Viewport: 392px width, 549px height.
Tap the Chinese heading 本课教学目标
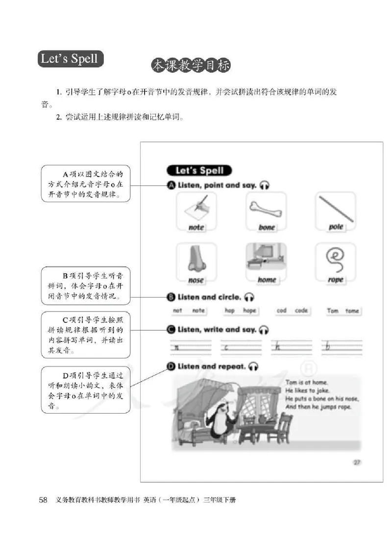click(x=191, y=66)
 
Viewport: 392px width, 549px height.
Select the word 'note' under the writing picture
click(x=196, y=227)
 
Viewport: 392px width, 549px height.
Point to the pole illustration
click(x=336, y=209)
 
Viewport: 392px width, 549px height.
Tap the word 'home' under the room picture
click(x=267, y=280)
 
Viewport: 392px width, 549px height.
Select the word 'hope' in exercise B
click(x=249, y=311)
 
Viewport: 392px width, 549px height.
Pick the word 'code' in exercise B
click(x=301, y=311)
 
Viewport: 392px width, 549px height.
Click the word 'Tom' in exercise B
click(x=332, y=311)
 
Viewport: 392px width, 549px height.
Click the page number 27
click(x=357, y=462)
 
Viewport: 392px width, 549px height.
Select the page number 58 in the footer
click(x=43, y=500)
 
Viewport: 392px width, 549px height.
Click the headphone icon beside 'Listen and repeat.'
click(x=253, y=366)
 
